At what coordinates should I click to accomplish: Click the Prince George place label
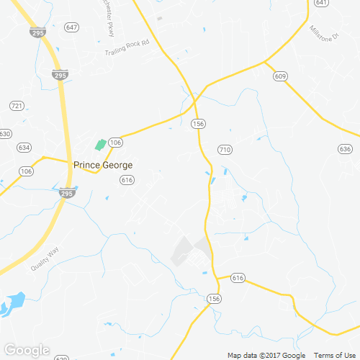103,165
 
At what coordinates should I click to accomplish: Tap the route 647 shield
71,27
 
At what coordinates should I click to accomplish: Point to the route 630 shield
5,134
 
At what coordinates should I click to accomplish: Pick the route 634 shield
24,148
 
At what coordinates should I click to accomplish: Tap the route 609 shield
280,76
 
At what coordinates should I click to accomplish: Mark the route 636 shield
344,148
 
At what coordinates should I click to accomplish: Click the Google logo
26,351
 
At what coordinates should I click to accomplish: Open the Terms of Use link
333,355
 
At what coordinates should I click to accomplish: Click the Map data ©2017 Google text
266,355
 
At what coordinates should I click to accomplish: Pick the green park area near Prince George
100,145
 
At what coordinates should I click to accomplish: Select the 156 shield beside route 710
198,125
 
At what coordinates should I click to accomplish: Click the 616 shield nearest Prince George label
127,180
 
